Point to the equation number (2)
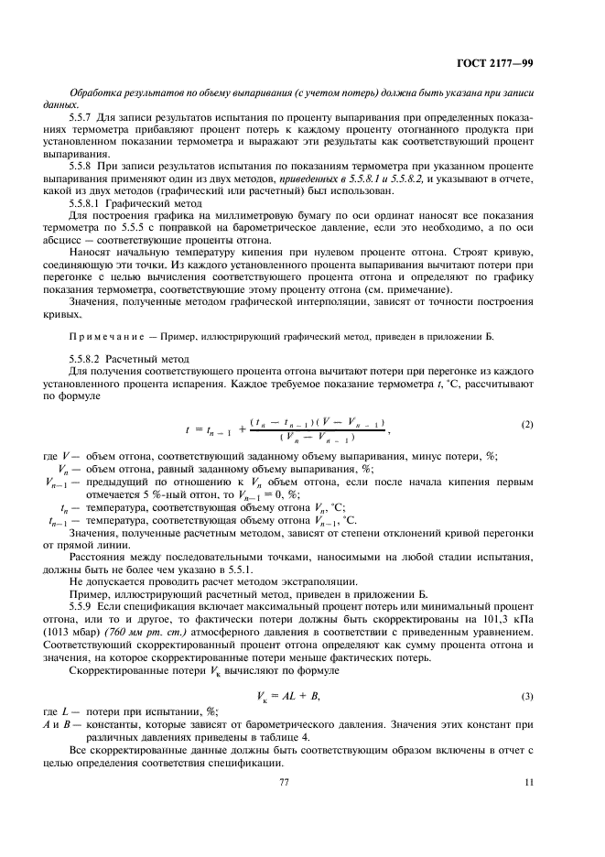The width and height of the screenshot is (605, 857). (527, 425)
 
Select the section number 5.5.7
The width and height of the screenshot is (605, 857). (82, 118)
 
